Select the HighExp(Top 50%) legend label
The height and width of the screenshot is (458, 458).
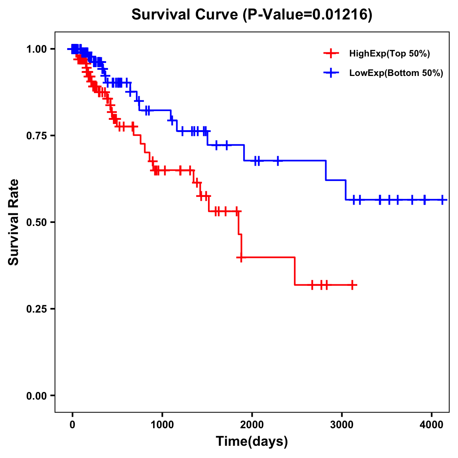390,54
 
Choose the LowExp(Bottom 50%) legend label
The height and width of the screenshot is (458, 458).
396,73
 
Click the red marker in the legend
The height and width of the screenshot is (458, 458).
331,53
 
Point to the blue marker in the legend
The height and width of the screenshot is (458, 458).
331,73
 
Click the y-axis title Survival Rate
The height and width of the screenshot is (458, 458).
14,222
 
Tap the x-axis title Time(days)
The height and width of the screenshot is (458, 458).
252,442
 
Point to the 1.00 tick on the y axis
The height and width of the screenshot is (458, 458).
36,49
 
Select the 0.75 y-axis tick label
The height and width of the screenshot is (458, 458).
36,136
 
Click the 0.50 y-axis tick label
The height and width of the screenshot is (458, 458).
36,223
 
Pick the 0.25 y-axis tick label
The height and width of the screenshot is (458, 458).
36,309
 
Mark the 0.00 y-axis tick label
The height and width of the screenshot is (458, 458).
36,396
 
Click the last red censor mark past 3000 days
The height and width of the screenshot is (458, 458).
353,285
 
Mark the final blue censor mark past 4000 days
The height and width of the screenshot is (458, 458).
442,200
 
